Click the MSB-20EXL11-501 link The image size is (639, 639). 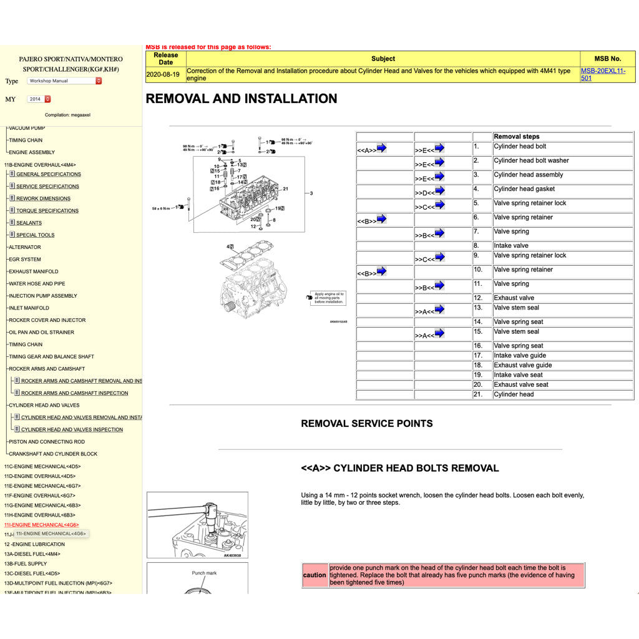click(602, 74)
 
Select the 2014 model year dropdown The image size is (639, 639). click(39, 99)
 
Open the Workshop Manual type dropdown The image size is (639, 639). click(64, 81)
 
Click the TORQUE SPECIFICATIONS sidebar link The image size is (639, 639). click(47, 211)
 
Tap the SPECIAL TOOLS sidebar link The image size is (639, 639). click(35, 235)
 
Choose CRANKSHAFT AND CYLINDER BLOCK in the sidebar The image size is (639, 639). click(53, 454)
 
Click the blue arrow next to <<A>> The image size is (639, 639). click(381, 149)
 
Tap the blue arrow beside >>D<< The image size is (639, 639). click(439, 191)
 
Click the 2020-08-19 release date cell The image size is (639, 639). click(163, 74)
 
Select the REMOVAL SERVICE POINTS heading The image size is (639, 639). click(366, 424)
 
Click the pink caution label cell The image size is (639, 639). click(315, 575)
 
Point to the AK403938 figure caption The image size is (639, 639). click(232, 555)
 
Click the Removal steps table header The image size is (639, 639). click(516, 137)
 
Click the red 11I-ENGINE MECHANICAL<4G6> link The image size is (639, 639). click(42, 525)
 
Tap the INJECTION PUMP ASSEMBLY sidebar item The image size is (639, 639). click(43, 296)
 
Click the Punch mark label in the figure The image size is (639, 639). click(204, 573)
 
